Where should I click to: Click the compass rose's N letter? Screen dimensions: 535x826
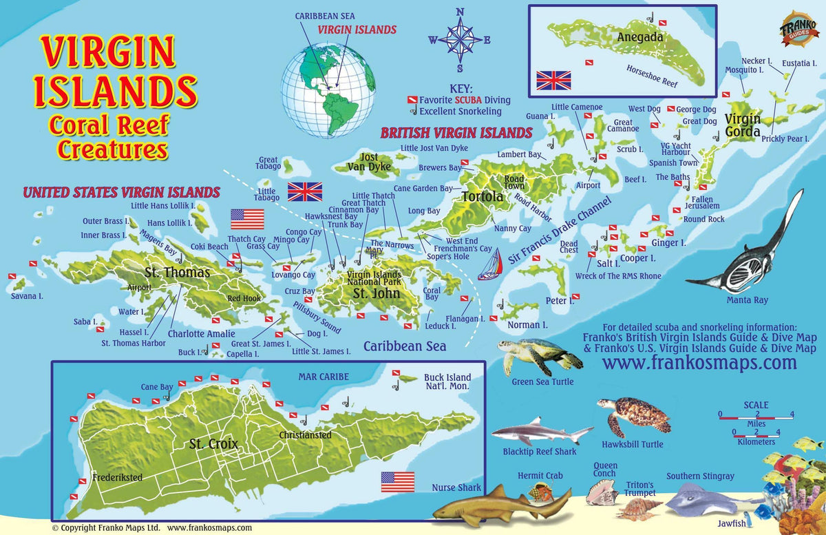point(460,11)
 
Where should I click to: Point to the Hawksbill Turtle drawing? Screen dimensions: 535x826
point(634,415)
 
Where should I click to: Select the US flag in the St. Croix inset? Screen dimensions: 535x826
point(397,481)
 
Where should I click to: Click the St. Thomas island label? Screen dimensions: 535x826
point(178,273)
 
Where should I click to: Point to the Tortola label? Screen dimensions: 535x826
point(482,197)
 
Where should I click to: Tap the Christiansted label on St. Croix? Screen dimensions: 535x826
point(305,435)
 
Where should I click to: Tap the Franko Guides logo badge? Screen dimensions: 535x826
point(799,29)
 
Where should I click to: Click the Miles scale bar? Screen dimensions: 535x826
point(756,415)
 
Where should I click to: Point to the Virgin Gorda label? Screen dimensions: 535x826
point(742,125)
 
